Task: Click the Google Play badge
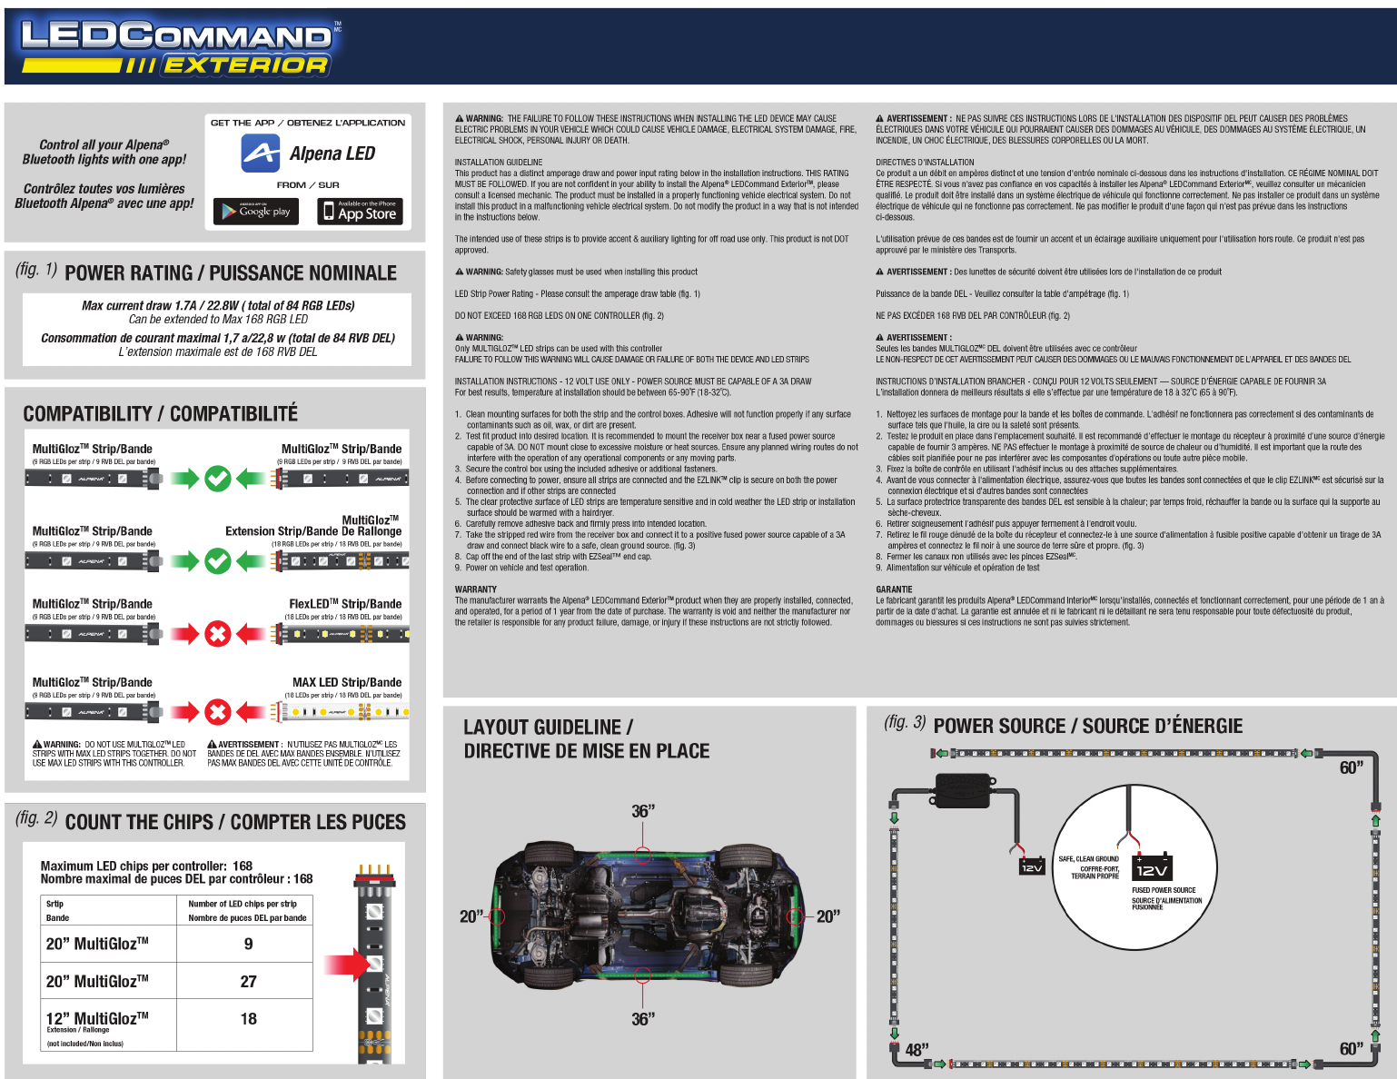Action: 256,211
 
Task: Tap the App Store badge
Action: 359,211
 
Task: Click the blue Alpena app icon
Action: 261,153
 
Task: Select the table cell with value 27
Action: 248,981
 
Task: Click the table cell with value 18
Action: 248,1019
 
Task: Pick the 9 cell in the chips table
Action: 248,944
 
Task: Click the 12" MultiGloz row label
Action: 97,1019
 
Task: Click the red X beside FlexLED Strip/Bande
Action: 217,634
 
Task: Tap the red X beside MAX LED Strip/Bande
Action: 217,712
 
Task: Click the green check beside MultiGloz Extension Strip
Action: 217,560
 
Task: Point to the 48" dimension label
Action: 916,1050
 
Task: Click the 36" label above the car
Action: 643,811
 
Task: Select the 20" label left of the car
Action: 471,916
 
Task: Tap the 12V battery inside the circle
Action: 1152,867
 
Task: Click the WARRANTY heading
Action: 475,589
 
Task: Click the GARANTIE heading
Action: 894,589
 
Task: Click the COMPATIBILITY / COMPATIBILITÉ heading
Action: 160,414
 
